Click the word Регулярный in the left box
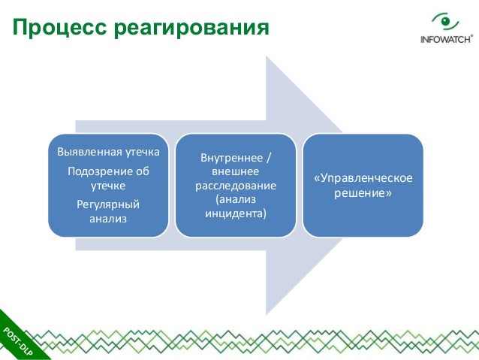(108, 204)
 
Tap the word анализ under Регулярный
(108, 219)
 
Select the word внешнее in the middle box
(236, 172)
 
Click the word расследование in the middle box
(236, 186)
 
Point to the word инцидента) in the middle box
(236, 213)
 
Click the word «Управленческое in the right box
(363, 179)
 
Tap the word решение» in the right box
(363, 193)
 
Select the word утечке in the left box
(108, 185)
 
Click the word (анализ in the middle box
(236, 200)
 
